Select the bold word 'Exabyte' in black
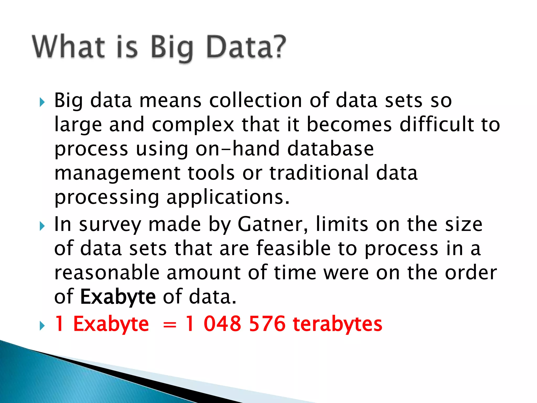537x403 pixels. [x=118, y=297]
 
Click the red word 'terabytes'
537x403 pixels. [x=337, y=324]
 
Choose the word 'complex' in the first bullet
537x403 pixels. [x=193, y=125]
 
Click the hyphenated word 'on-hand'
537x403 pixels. [x=238, y=149]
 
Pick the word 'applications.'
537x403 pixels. [x=228, y=197]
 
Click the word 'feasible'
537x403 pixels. [x=293, y=248]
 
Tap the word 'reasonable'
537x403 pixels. [x=107, y=273]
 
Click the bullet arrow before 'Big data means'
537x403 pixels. [x=42, y=102]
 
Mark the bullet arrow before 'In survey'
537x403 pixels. [x=42, y=226]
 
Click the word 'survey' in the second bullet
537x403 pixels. [x=110, y=225]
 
